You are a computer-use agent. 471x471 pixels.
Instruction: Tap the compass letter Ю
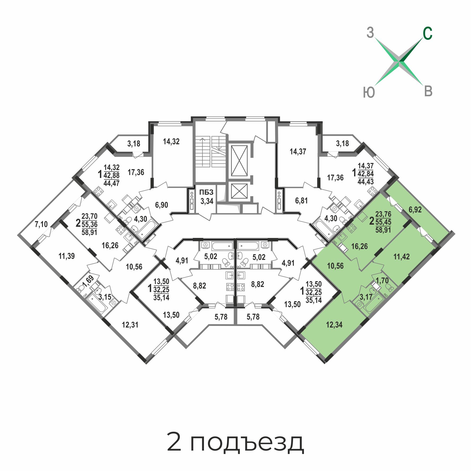click(369, 93)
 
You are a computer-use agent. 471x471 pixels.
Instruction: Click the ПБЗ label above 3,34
click(206, 192)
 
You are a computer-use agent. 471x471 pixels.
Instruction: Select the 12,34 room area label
click(334, 325)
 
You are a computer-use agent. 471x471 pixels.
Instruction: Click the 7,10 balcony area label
click(41, 224)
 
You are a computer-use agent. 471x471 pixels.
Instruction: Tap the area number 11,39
click(67, 256)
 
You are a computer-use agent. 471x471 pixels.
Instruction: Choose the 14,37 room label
click(298, 151)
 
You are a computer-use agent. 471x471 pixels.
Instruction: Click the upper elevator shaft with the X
click(239, 160)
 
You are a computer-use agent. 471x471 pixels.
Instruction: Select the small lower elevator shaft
click(239, 191)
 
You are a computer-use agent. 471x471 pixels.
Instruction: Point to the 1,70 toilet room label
click(382, 280)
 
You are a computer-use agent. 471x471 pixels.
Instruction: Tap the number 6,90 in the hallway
click(162, 205)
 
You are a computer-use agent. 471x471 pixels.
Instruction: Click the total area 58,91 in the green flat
click(383, 230)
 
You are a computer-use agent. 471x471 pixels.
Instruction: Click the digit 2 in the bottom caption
click(174, 441)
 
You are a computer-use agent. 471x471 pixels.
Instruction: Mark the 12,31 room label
click(130, 325)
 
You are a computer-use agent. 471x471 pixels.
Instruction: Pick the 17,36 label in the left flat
click(136, 172)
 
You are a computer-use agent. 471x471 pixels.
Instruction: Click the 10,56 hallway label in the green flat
click(335, 266)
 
